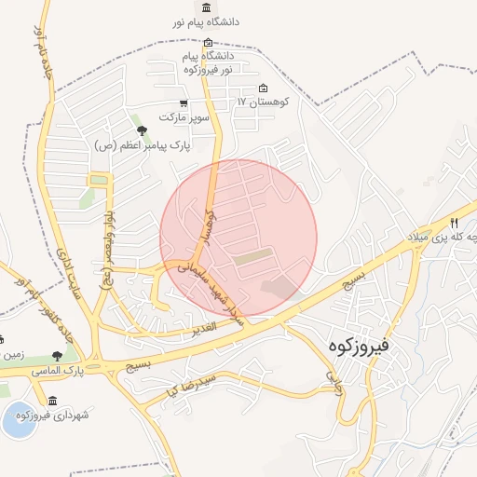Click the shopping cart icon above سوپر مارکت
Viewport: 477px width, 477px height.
point(184,103)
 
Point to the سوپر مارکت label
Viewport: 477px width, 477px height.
point(181,117)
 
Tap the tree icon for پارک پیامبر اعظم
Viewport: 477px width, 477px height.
point(142,130)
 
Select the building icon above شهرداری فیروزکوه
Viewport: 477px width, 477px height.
point(52,402)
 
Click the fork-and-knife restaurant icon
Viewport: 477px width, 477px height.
point(454,223)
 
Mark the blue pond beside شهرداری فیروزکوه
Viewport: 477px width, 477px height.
point(19,421)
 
